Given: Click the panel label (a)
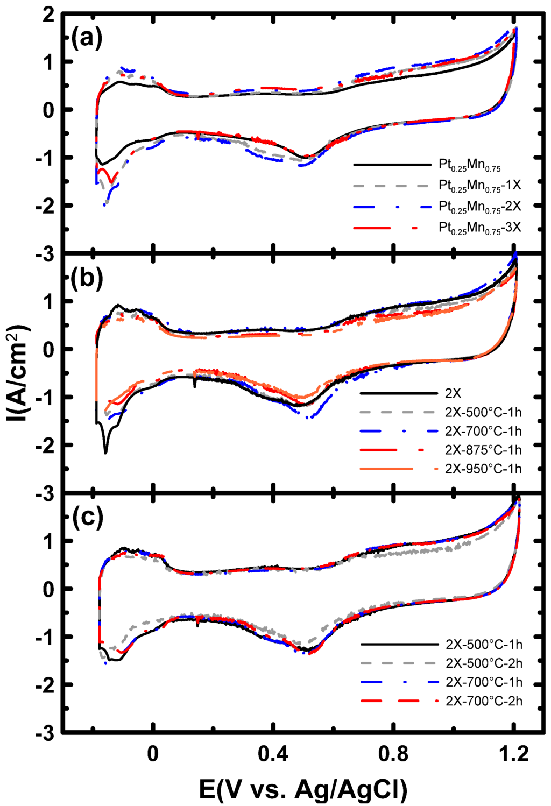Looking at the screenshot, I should [87, 39].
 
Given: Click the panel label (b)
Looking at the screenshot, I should [87, 278].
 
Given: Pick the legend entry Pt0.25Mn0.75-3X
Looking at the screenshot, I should [479, 228].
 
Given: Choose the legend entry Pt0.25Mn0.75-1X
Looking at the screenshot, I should [479, 186].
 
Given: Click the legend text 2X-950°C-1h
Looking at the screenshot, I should [483, 469].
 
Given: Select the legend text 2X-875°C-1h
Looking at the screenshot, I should [483, 450].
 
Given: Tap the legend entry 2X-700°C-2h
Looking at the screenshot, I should [484, 701].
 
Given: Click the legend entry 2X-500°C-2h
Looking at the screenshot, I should [484, 663].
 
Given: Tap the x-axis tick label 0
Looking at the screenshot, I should [153, 754].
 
